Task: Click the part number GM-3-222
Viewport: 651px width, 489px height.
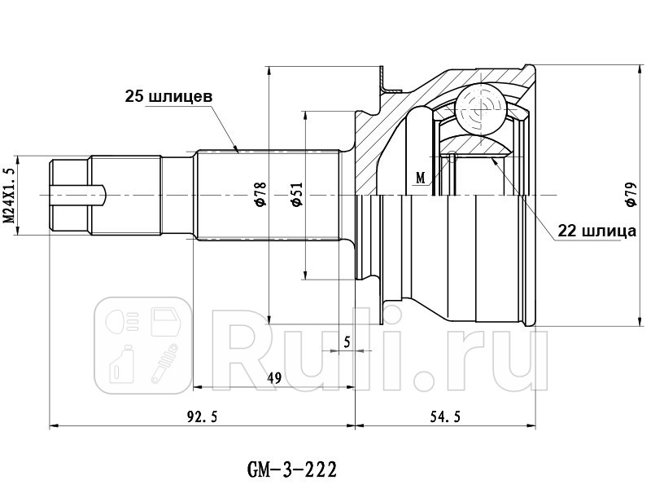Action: (x=291, y=470)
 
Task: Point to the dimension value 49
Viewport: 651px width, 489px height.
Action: (x=274, y=377)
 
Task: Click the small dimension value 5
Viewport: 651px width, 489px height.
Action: (x=347, y=342)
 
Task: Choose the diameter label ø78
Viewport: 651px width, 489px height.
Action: (x=260, y=194)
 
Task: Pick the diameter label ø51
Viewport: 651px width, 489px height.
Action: (x=297, y=194)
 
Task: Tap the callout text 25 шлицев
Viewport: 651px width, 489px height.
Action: (x=168, y=96)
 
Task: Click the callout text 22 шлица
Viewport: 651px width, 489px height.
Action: (x=596, y=231)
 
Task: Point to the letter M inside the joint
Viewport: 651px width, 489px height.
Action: (x=420, y=177)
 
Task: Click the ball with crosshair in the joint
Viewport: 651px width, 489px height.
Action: (x=478, y=104)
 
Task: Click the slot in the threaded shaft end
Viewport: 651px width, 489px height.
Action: (x=78, y=194)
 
